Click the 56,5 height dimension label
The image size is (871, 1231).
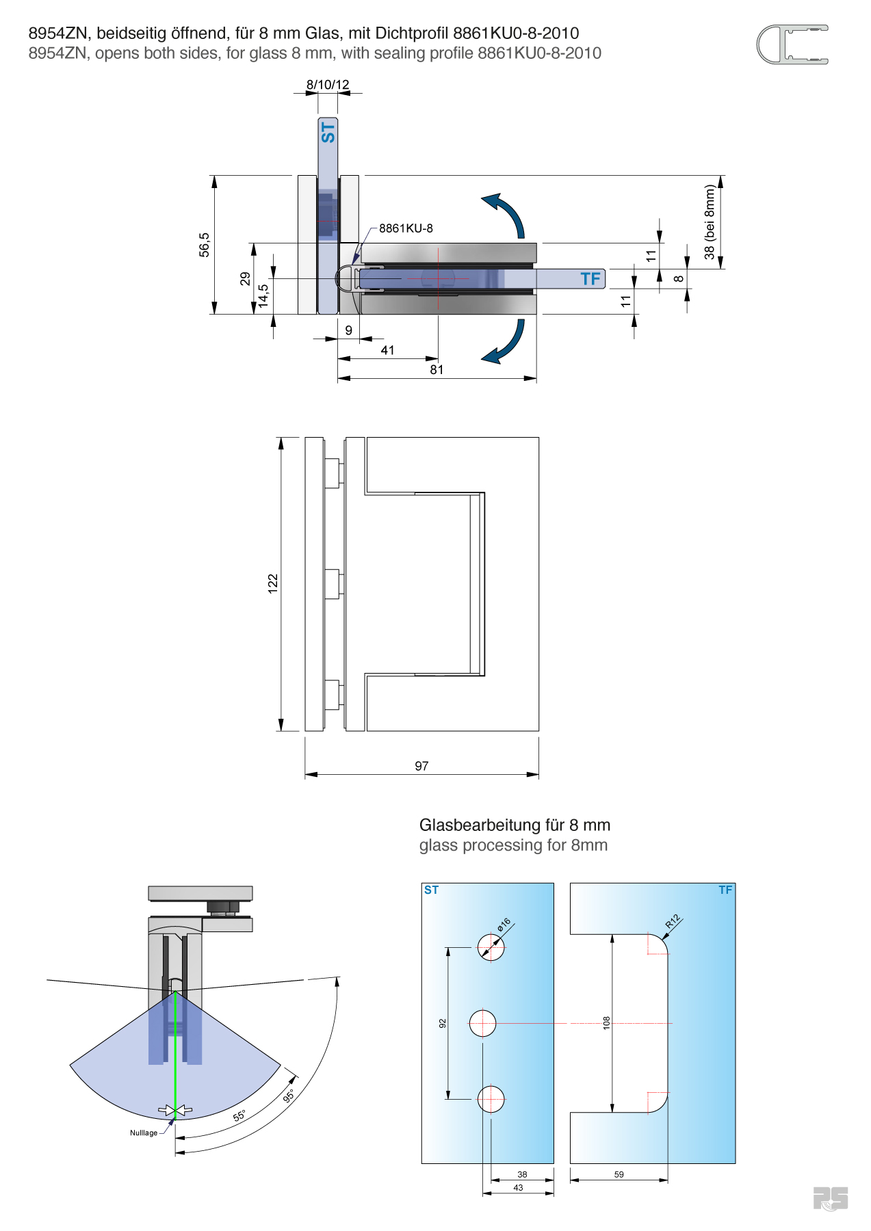coord(205,245)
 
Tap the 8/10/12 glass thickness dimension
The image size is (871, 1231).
coord(328,85)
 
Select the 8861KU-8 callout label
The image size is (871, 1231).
coord(406,228)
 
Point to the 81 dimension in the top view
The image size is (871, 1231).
coord(437,370)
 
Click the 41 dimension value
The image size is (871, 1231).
coord(387,350)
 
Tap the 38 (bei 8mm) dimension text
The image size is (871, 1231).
coord(710,222)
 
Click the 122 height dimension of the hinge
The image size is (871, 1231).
coord(273,583)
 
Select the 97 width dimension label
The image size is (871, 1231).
coord(421,766)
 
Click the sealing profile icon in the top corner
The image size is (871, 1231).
coord(792,45)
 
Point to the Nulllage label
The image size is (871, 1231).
coord(144,1133)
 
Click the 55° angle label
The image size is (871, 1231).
coord(239,1116)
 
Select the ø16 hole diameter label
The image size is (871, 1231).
coord(504,925)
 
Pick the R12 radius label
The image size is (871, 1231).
coord(673,921)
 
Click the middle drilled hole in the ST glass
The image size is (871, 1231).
coord(483,1023)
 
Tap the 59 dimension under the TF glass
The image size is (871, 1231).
coord(619,1174)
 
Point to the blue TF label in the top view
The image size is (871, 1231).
coord(590,279)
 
